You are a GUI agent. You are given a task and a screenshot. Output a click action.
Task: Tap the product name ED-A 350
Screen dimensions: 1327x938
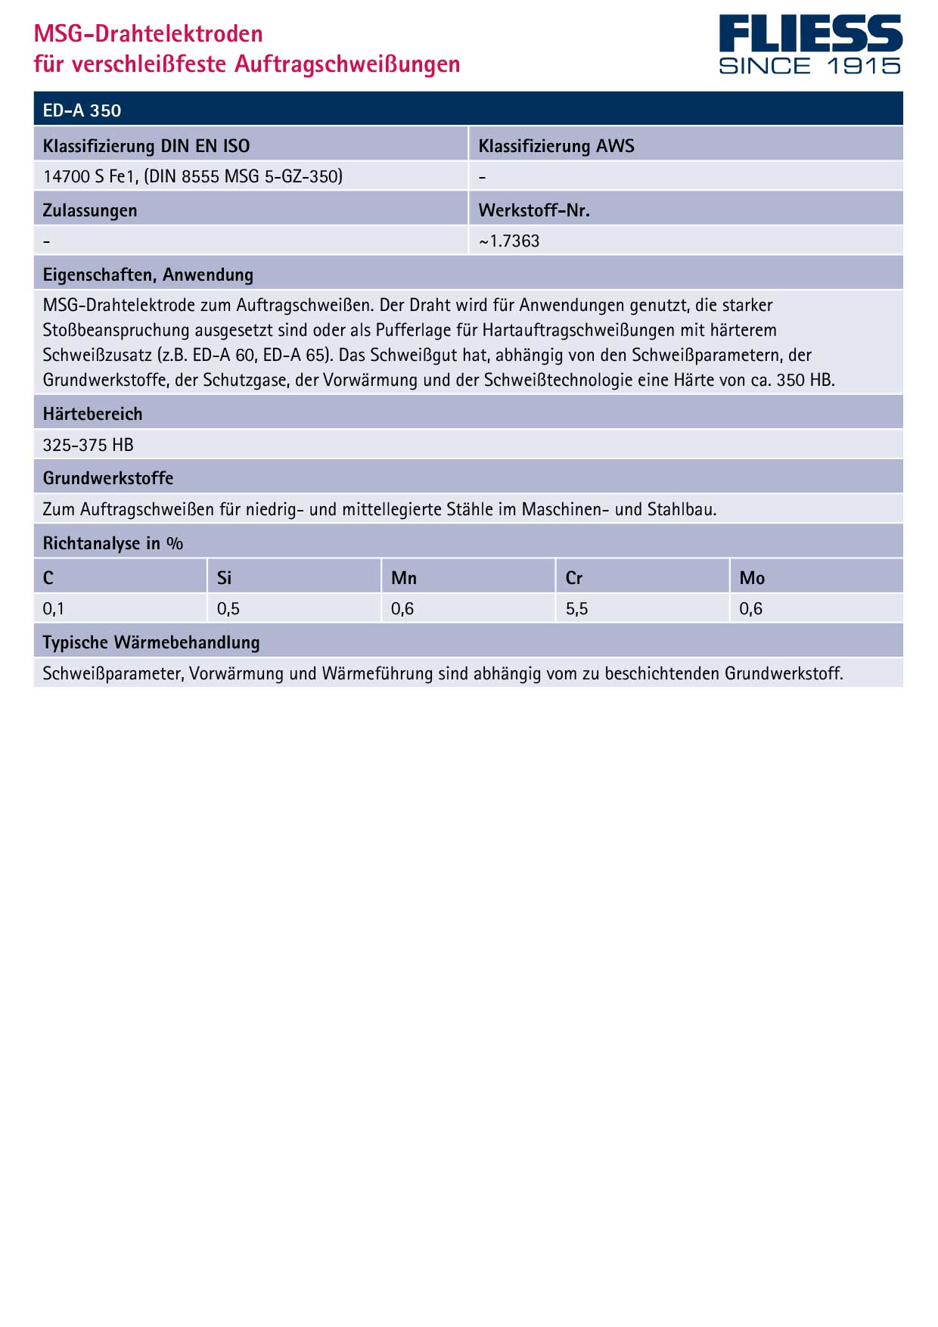[82, 110]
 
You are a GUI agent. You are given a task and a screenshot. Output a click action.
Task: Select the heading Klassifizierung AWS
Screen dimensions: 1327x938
[556, 146]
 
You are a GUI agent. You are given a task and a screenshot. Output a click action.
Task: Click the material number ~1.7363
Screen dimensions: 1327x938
[509, 241]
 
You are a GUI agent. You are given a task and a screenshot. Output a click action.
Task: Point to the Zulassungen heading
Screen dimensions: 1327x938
[90, 210]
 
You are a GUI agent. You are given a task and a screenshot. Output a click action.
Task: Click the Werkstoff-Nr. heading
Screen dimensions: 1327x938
[534, 210]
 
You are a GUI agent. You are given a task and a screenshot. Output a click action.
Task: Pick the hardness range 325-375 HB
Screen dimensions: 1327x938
[88, 445]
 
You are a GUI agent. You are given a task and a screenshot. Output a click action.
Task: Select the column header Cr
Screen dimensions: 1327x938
[574, 578]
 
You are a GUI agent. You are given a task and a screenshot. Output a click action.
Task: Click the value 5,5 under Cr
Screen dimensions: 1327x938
[576, 609]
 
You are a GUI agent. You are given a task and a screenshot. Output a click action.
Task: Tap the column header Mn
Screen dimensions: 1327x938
[404, 578]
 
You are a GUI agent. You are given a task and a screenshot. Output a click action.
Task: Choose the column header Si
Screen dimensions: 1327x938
[224, 578]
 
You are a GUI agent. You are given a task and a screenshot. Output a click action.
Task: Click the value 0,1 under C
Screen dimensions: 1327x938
[54, 609]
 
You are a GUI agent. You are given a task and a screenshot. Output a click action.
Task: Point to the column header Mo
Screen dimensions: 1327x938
[752, 578]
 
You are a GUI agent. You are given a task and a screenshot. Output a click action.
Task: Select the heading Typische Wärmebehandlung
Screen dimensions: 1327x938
[151, 642]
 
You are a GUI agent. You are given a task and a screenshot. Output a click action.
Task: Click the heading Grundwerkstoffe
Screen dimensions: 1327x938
[108, 478]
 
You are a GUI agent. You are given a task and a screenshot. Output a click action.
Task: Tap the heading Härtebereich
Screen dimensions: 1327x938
[92, 414]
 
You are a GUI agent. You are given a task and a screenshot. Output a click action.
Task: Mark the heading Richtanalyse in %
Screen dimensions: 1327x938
[113, 543]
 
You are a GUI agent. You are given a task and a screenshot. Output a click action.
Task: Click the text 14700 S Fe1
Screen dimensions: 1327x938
[90, 176]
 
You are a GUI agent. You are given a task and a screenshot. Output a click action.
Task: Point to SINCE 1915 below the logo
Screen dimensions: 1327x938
[809, 67]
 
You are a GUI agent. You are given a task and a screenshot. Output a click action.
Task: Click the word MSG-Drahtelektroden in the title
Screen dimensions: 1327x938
[148, 33]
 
